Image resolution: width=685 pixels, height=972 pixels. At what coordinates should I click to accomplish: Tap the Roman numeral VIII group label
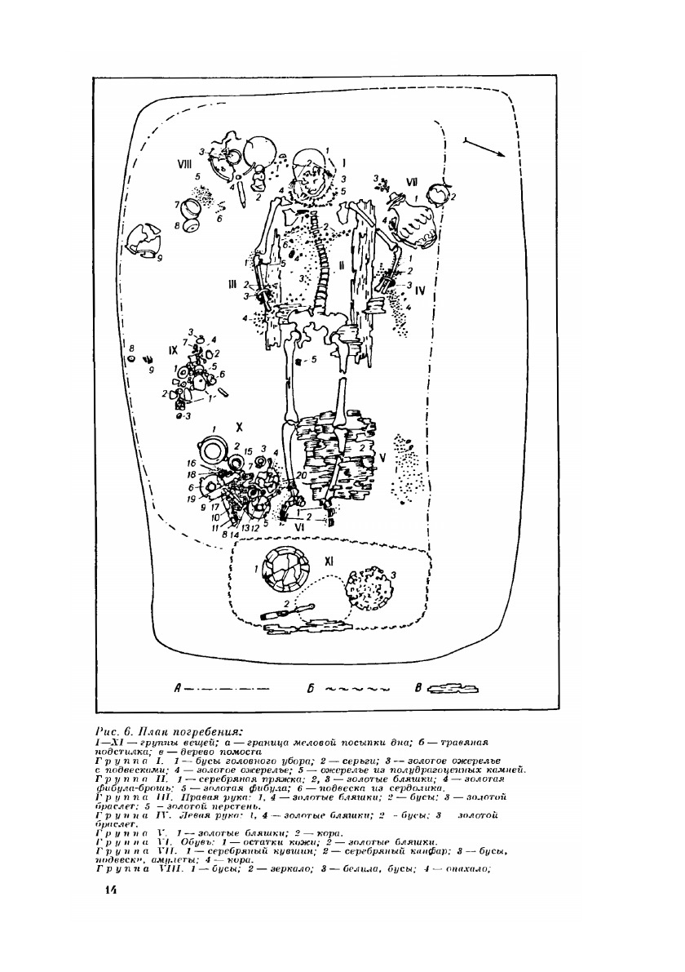(186, 164)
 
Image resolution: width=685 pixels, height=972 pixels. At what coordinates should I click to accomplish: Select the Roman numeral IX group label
(173, 349)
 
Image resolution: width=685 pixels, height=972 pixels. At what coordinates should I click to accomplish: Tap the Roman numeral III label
(232, 283)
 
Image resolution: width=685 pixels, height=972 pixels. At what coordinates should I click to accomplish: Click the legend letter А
(178, 688)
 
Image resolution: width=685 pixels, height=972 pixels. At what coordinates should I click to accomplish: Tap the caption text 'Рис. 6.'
(114, 729)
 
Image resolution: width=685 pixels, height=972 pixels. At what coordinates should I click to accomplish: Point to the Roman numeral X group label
(239, 427)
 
